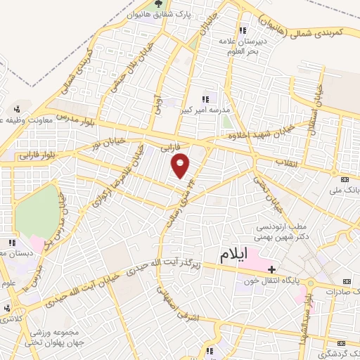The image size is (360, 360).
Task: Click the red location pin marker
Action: click(181, 165)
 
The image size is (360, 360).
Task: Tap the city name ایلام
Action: click(234, 256)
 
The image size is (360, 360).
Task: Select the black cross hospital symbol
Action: click(271, 269)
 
